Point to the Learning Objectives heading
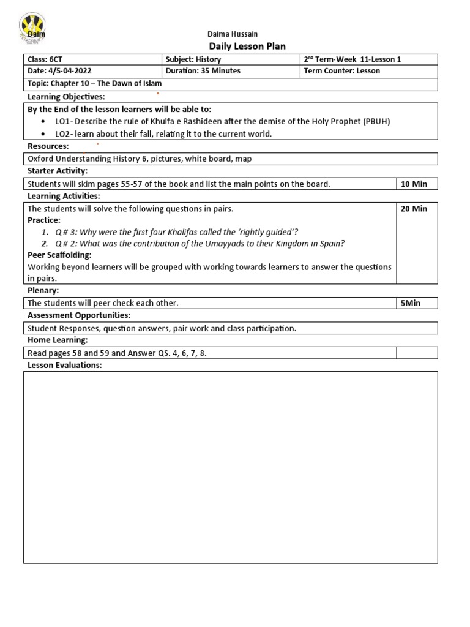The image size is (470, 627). point(66,97)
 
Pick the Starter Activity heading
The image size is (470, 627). point(58,171)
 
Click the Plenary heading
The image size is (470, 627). point(43,291)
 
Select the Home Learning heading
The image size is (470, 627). point(58,340)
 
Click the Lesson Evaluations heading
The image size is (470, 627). point(65,366)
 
